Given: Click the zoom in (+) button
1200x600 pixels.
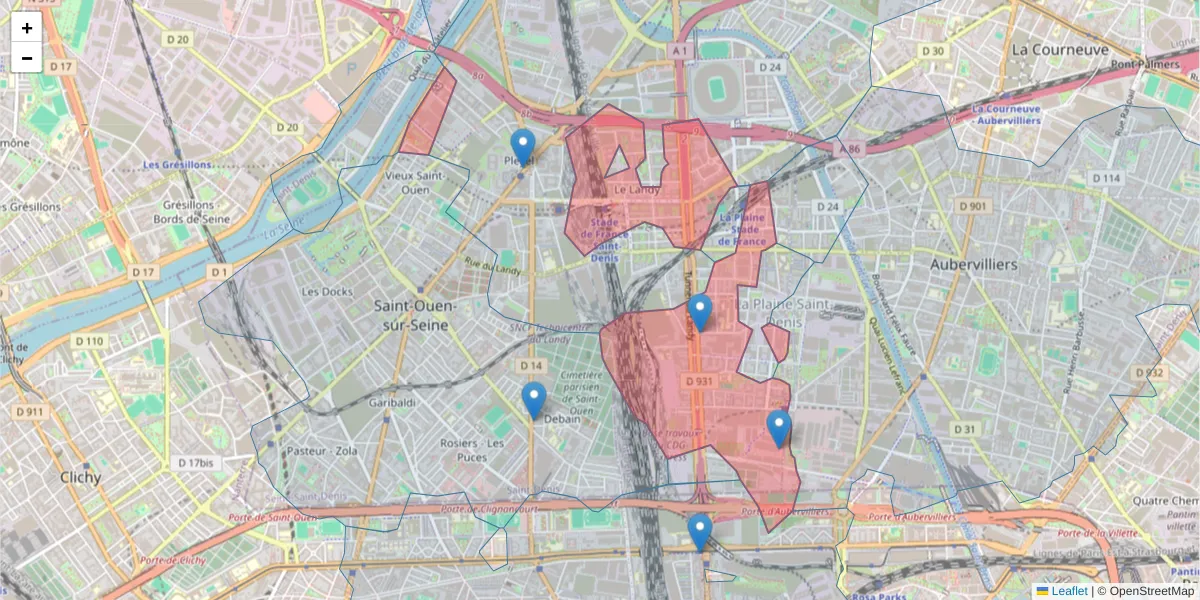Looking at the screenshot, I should point(27,28).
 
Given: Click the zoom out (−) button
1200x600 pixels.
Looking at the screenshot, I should point(27,58).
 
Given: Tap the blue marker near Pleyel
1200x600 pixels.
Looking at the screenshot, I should point(522,147).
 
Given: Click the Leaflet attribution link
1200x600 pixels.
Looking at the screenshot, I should point(1069,591).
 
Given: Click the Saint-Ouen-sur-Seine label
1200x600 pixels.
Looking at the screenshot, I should point(415,315).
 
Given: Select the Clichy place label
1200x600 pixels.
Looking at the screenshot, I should point(80,477).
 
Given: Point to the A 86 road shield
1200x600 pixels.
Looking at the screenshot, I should point(848,147).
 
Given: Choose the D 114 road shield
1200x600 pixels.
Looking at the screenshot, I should point(1106,178).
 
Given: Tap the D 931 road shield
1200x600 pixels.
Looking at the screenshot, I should point(699,381).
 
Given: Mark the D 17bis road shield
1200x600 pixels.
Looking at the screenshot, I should point(195,463).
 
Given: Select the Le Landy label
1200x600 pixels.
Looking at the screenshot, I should point(632,189).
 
